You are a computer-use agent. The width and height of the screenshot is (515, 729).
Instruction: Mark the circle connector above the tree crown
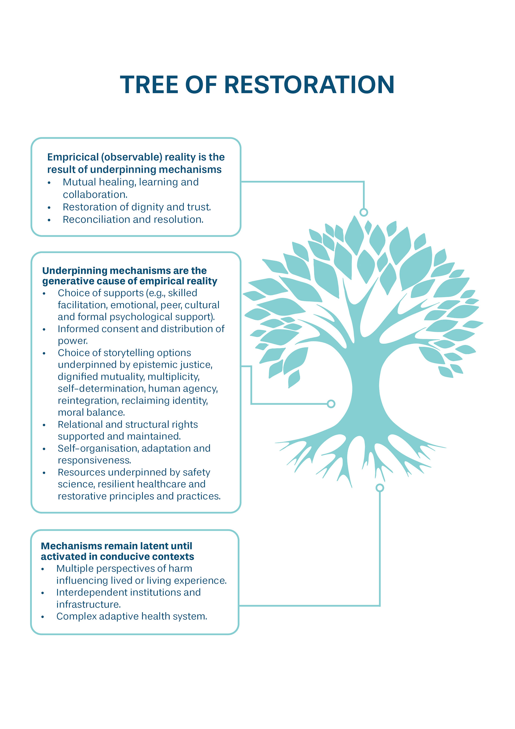[x=364, y=212]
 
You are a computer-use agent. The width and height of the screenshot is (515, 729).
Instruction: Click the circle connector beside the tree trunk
[x=331, y=404]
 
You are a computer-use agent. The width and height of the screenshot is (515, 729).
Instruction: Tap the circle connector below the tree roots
[x=380, y=488]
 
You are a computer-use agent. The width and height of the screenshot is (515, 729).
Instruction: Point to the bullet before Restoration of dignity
[x=49, y=208]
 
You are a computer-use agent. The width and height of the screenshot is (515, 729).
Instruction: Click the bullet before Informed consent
[x=44, y=330]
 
